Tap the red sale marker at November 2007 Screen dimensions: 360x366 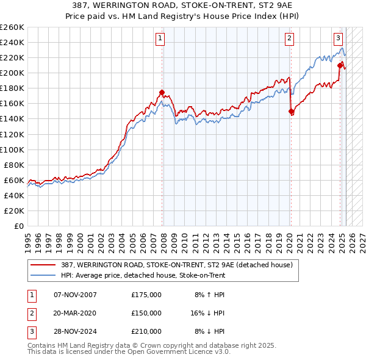pyautogui.click(x=162, y=92)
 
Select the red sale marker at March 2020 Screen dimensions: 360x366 pyautogui.click(x=291, y=111)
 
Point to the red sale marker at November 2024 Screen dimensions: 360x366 pyautogui.click(x=340, y=65)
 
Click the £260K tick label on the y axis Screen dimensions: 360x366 pyautogui.click(x=12, y=27)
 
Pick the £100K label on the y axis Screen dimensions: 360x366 pyautogui.click(x=12, y=149)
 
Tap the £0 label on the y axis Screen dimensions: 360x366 pyautogui.click(x=20, y=226)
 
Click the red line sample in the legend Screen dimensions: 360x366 pyautogui.click(x=44, y=265)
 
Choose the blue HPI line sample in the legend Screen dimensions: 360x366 pyautogui.click(x=44, y=275)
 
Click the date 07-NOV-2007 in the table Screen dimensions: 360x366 pyautogui.click(x=75, y=295)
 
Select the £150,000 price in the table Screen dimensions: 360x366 pyautogui.click(x=146, y=313)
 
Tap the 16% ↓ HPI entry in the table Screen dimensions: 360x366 pyautogui.click(x=207, y=313)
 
